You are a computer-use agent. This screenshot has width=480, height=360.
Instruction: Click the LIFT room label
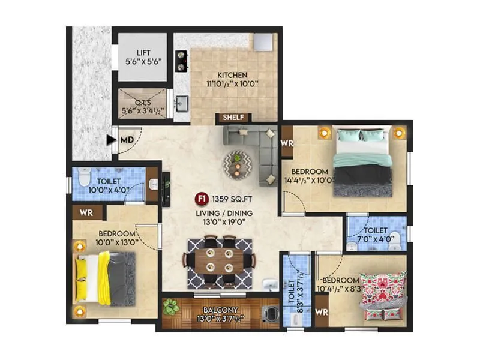[142, 52]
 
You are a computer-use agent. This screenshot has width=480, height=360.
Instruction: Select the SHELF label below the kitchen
[233, 117]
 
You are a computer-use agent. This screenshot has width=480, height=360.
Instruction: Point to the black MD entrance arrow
[110, 140]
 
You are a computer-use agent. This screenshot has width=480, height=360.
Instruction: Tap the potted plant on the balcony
[171, 307]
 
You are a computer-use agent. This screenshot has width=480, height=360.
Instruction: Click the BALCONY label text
[219, 310]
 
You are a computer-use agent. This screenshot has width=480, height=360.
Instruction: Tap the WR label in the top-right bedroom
[286, 144]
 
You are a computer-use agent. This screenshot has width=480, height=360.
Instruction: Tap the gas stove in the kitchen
[180, 61]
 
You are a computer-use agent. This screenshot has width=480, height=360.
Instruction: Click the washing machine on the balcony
[269, 313]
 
